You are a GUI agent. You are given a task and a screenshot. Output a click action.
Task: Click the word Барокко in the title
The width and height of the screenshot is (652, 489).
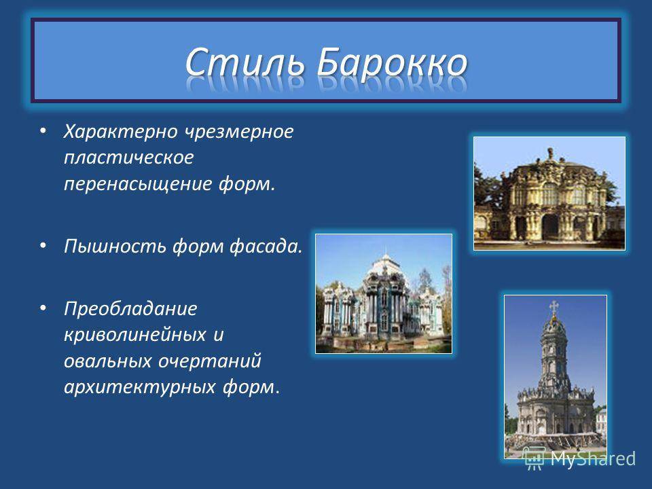click(392, 62)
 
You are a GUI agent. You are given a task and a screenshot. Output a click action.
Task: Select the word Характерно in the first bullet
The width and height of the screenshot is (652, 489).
click(121, 131)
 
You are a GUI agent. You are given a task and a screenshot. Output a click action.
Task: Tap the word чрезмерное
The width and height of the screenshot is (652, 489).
click(239, 131)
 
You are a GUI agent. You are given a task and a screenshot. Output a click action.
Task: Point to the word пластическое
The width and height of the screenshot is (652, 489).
click(129, 158)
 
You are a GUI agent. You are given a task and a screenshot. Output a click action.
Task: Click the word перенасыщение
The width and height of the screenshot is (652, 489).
click(138, 184)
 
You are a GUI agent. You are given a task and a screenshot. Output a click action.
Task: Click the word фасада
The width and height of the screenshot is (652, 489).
click(266, 246)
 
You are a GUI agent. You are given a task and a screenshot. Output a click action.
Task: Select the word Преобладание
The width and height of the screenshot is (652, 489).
click(130, 308)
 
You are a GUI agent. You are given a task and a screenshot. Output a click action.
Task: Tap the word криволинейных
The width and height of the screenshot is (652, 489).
click(135, 335)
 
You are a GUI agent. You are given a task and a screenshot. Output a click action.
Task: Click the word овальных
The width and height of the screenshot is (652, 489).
click(108, 361)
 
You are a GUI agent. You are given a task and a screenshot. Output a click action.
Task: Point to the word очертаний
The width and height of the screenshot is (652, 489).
click(210, 361)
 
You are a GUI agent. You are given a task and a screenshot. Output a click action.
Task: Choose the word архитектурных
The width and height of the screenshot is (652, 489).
click(140, 386)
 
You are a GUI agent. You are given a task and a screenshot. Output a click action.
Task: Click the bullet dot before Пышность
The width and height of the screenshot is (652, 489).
click(43, 245)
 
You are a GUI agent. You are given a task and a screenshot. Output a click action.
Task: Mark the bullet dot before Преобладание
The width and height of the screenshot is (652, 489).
click(43, 308)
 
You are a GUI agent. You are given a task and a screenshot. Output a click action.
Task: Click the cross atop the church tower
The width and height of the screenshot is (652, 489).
click(554, 308)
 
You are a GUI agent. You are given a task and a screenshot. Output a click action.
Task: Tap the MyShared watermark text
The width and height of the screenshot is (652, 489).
click(593, 458)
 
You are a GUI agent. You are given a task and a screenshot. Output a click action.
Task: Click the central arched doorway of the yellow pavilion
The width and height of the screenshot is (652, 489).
click(549, 227)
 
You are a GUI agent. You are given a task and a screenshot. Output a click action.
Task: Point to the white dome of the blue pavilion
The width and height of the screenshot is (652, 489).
click(386, 264)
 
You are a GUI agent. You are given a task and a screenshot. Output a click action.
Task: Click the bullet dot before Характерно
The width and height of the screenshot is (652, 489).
click(43, 131)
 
